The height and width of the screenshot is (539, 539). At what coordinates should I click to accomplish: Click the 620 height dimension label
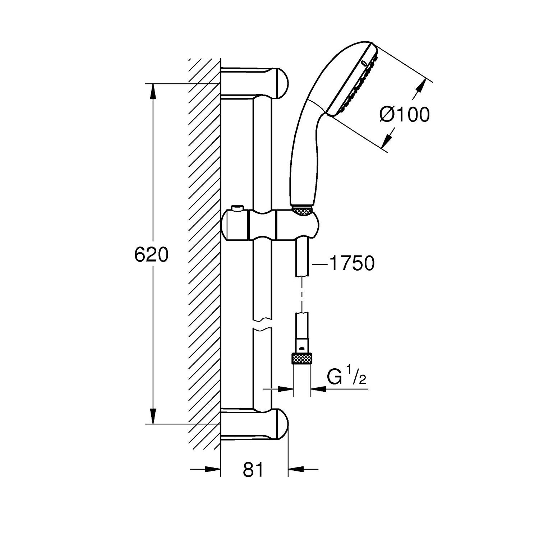[x=151, y=255]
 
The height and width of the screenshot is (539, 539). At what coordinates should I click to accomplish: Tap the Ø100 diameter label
[x=404, y=115]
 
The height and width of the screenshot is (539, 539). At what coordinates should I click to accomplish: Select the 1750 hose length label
[x=352, y=263]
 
